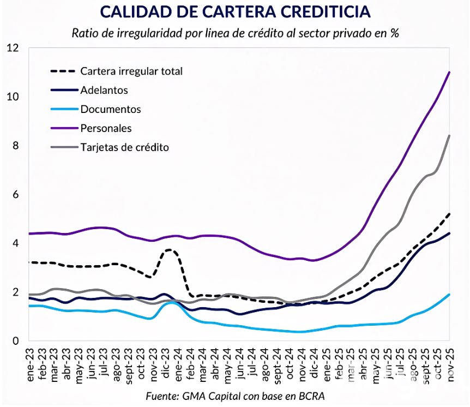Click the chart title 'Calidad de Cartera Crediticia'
tap(234, 11)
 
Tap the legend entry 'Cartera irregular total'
tap(131, 71)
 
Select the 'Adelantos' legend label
tap(104, 90)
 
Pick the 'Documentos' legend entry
tap(110, 109)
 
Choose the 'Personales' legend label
tap(106, 128)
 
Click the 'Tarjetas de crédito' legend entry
tap(124, 147)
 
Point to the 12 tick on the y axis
tap(12, 48)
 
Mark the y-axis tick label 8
tap(15, 146)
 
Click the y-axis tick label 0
tap(15, 341)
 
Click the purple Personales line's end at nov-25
tap(449, 72)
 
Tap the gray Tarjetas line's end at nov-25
tap(449, 135)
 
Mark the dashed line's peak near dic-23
tap(170, 250)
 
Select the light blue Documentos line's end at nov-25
tap(449, 295)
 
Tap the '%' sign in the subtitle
tap(394, 33)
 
